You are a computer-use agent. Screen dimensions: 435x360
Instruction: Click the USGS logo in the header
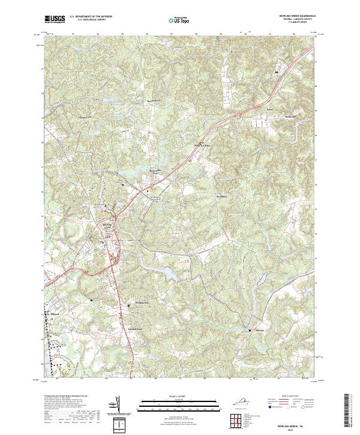coord(55,19)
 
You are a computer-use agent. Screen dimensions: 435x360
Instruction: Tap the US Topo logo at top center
coord(179,19)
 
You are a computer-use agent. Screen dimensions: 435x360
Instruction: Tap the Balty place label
coord(269,111)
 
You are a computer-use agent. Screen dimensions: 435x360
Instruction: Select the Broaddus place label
coord(223,197)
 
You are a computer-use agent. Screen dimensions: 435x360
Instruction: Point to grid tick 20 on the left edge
coord(42,93)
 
